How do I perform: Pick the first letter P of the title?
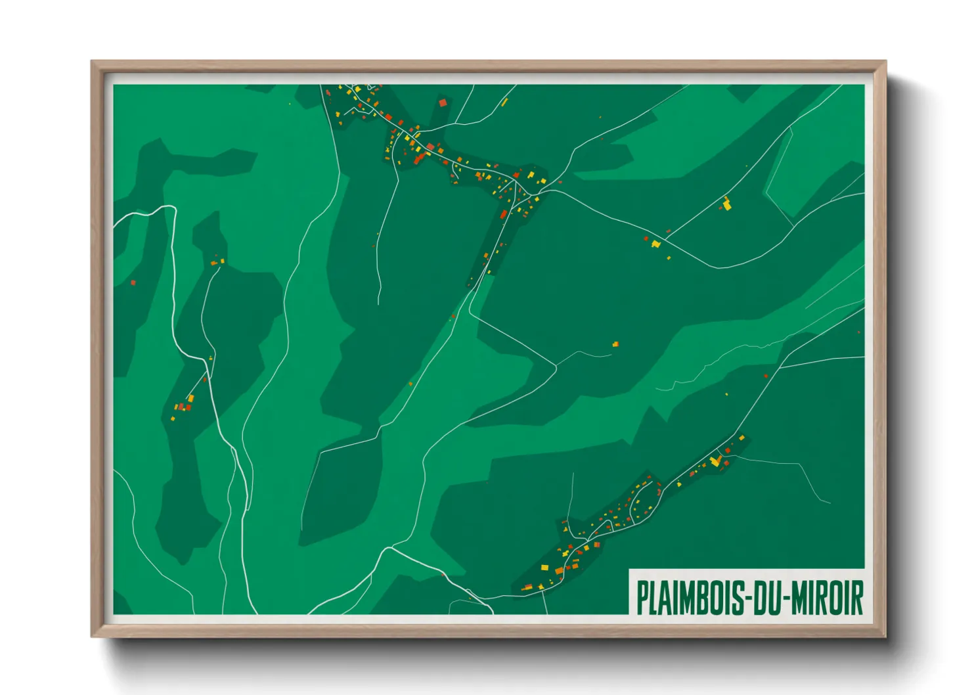[x=642, y=597]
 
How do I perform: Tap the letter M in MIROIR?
[x=800, y=597]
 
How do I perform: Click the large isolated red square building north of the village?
[x=443, y=102]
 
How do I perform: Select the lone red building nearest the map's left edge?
[x=133, y=283]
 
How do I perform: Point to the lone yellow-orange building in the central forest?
[x=615, y=344]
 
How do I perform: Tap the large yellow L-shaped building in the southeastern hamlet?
[x=715, y=461]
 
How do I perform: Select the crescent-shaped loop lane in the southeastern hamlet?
[x=635, y=506]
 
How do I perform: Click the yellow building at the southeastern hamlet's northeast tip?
[x=742, y=437]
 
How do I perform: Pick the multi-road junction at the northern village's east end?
[x=537, y=194]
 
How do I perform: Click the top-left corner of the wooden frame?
[x=92, y=62]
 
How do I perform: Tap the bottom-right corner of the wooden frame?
[x=885, y=637]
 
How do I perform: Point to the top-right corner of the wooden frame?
[x=885, y=62]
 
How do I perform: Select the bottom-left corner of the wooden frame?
[x=92, y=637]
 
